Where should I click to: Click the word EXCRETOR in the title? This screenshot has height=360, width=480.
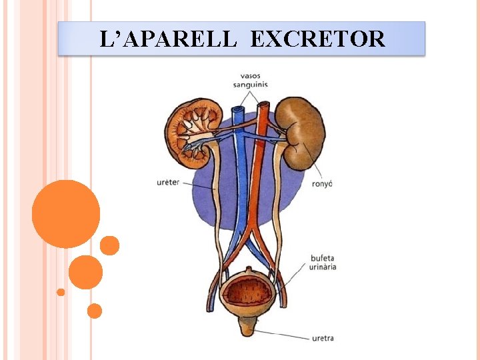pyautogui.click(x=317, y=39)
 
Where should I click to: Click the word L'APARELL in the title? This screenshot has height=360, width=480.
pyautogui.click(x=167, y=39)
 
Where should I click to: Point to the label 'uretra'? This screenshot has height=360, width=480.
pyautogui.click(x=323, y=338)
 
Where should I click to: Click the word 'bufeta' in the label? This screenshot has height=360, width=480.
pyautogui.click(x=322, y=258)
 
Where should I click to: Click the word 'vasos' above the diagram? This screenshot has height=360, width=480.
pyautogui.click(x=251, y=75)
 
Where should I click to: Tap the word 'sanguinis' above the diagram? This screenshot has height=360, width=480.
pyautogui.click(x=251, y=84)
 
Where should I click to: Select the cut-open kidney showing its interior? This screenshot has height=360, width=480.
pyautogui.click(x=193, y=129)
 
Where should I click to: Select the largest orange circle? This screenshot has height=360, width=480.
pyautogui.click(x=65, y=214)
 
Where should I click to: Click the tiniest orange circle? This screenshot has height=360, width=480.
pyautogui.click(x=61, y=292)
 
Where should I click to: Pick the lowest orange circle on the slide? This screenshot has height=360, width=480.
pyautogui.click(x=95, y=311)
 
